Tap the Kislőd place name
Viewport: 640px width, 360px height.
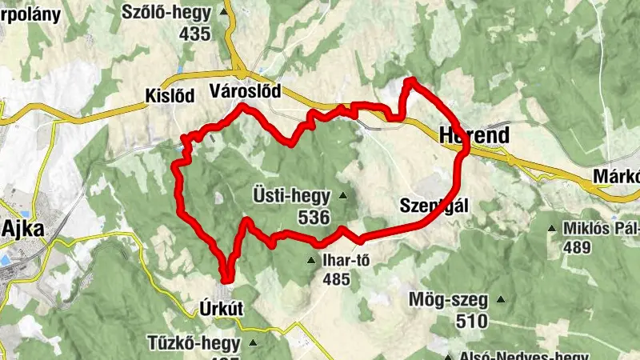click(170, 96)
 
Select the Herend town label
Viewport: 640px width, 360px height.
click(474, 136)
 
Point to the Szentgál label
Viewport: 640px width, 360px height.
click(434, 206)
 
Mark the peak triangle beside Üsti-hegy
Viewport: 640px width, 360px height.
click(343, 195)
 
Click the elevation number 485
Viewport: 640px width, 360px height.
click(338, 280)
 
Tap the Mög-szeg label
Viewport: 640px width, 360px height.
click(448, 302)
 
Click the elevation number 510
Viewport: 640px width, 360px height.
click(470, 322)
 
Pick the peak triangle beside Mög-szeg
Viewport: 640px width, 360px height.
click(502, 301)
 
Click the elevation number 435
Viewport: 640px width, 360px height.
click(195, 34)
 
